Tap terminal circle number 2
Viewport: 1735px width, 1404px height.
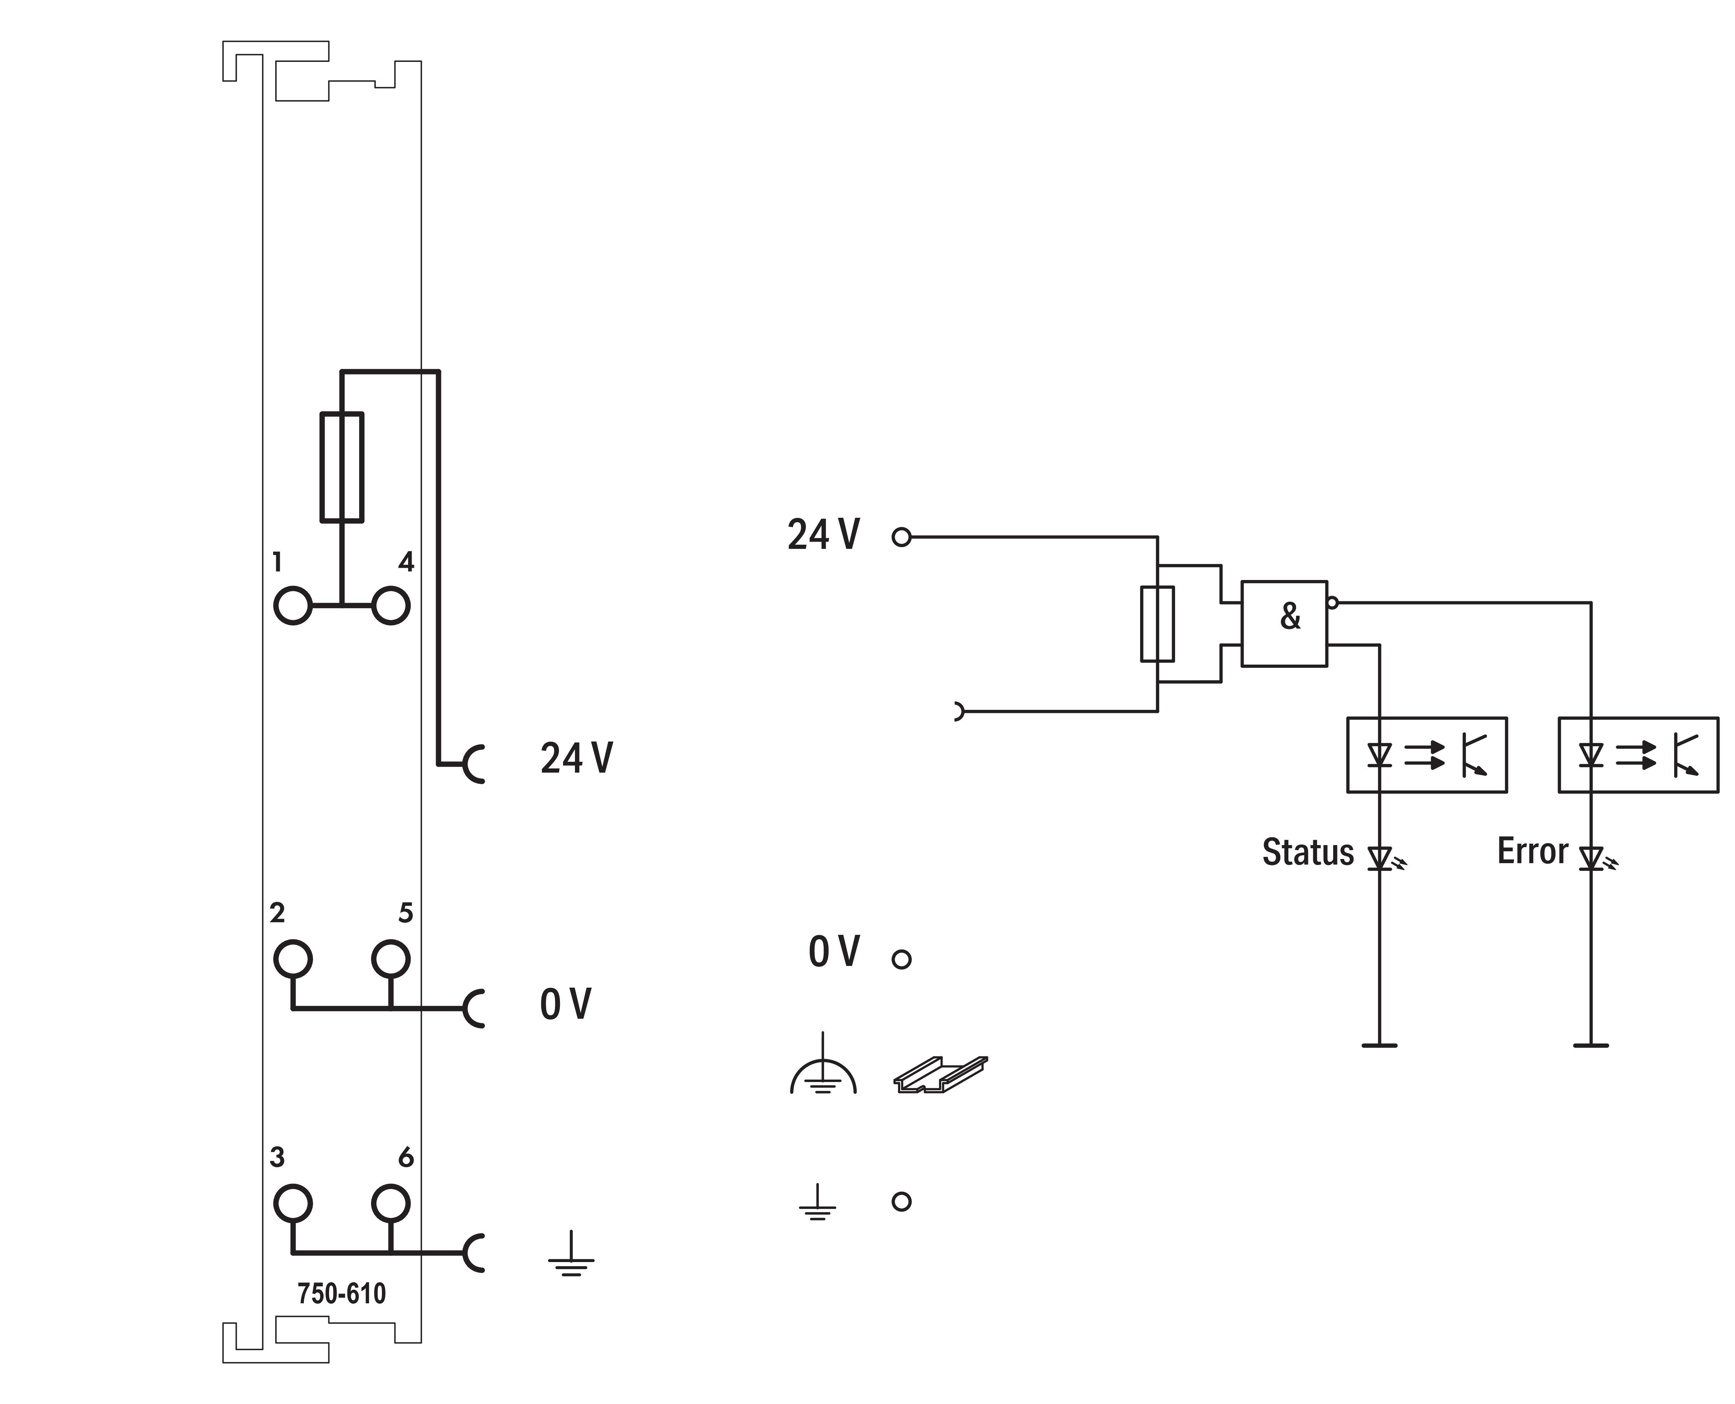tap(293, 959)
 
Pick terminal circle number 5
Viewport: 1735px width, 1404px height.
tap(391, 959)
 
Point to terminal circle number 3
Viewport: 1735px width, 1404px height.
tap(293, 1203)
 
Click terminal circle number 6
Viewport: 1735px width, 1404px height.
tap(391, 1203)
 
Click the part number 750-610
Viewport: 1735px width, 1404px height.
tap(341, 1293)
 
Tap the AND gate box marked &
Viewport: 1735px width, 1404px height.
tap(1284, 624)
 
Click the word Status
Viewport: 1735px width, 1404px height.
tap(1307, 852)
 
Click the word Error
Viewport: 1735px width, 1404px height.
tap(1532, 851)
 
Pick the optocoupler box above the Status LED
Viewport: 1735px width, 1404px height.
tap(1426, 754)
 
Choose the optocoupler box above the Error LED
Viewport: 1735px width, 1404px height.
tap(1638, 754)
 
